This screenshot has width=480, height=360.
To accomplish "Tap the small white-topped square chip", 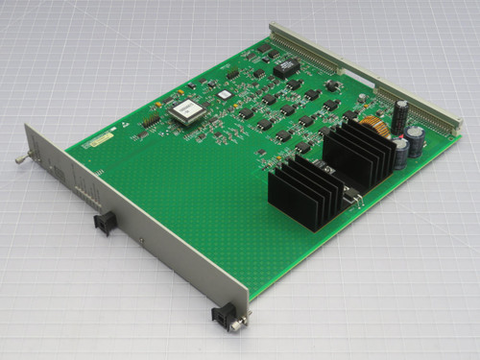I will pos(224,95).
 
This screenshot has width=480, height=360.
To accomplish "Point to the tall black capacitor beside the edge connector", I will pos(399,115).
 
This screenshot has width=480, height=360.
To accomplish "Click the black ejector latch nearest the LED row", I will pos(104,224).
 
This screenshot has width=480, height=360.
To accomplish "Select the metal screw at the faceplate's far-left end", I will pos(18,156).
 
